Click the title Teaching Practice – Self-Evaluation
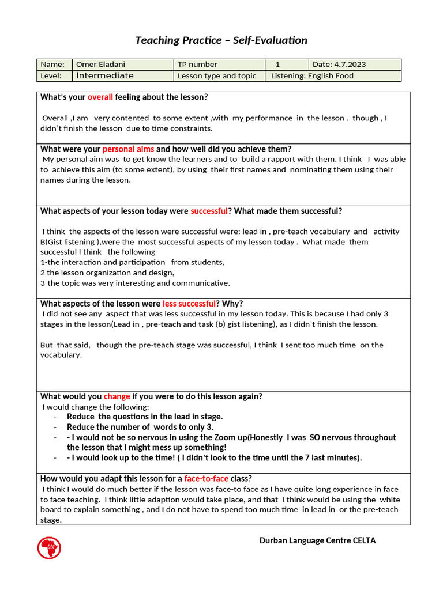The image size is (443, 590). [221, 40]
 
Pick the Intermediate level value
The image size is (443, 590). [104, 75]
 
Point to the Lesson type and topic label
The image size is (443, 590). [216, 75]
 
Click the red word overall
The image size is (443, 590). [100, 97]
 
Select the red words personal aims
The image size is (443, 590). [128, 149]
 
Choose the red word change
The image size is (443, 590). [117, 396]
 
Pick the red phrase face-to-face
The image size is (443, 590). [206, 478]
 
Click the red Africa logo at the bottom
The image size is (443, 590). [49, 547]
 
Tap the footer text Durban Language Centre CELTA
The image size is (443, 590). [317, 540]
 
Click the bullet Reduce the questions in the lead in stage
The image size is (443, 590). [144, 417]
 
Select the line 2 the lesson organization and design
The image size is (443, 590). [107, 273]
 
